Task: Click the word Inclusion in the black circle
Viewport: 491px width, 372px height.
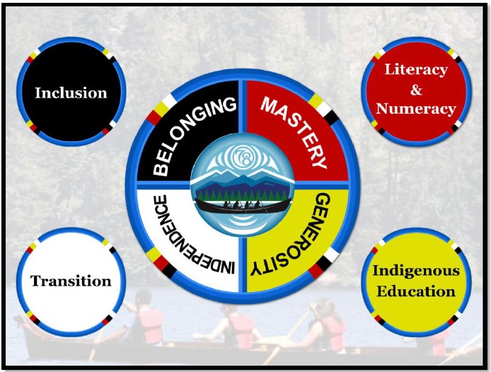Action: click(x=71, y=93)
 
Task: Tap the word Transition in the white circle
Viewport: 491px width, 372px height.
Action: click(x=71, y=281)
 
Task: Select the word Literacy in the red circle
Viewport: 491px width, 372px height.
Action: click(x=416, y=70)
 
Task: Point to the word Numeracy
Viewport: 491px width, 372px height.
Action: click(x=416, y=110)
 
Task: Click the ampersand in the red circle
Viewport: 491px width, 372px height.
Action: click(x=417, y=90)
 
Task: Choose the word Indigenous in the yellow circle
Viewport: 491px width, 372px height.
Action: click(x=416, y=272)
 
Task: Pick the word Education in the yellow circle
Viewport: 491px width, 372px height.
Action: click(x=416, y=291)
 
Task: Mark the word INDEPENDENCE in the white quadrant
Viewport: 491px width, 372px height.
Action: click(x=190, y=236)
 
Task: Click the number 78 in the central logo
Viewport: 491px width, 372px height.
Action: click(x=245, y=157)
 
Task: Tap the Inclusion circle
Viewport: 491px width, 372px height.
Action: click(x=71, y=92)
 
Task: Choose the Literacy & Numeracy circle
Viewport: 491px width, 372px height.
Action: click(x=416, y=92)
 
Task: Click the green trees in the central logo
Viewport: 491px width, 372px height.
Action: click(x=243, y=194)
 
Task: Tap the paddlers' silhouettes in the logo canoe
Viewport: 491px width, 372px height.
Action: click(x=243, y=204)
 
